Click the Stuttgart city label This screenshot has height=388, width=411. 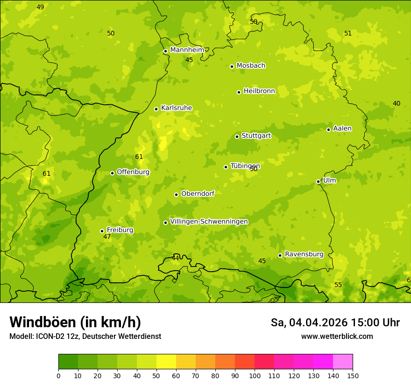pos(256,136)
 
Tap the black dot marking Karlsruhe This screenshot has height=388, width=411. pos(156,109)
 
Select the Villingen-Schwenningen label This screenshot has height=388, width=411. pos(209,221)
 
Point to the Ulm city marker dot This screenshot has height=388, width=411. pos(318,181)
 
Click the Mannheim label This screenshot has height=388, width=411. pos(187,50)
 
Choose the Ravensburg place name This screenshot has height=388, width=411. pos(304,254)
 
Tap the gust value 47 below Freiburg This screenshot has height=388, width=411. pos(107,237)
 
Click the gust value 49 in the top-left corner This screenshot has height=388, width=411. pos(40,7)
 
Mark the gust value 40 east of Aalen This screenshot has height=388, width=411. pos(396,103)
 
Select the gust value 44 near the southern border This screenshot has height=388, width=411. pos(175,258)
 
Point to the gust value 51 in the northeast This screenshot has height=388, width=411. pos(347,33)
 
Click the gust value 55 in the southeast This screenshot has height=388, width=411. pos(338,285)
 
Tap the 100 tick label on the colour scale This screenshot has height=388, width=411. pos(255,375)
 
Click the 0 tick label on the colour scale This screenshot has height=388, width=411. pos(58,375)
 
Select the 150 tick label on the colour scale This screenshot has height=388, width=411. pos(353,375)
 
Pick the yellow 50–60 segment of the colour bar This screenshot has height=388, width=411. pos(166,362)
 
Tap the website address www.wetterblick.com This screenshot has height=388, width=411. pos(337,336)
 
